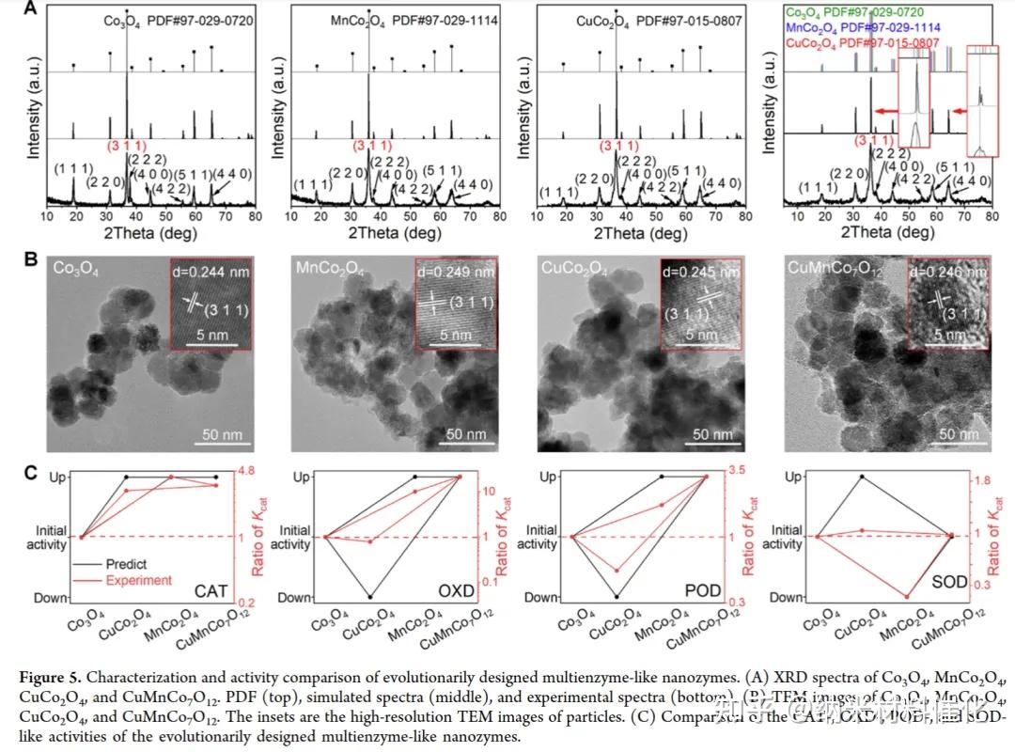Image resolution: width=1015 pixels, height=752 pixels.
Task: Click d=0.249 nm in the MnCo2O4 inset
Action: [x=455, y=274]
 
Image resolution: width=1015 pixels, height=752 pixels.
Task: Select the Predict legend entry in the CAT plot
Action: [x=126, y=564]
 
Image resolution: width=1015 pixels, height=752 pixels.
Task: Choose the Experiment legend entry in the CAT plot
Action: [x=139, y=580]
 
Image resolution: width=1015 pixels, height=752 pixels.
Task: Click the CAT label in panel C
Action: [x=212, y=589]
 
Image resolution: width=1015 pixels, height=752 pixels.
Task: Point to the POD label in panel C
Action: [x=703, y=589]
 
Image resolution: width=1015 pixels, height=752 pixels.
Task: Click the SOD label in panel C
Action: [x=948, y=583]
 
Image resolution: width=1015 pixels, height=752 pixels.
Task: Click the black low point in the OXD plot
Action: [x=370, y=597]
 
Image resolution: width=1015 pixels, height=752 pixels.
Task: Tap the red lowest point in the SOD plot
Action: [x=907, y=597]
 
